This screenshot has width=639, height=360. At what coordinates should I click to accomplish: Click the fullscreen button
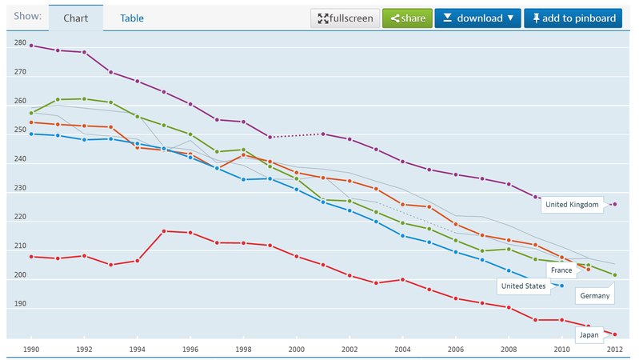click(345, 18)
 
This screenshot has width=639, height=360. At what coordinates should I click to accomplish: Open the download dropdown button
click(477, 18)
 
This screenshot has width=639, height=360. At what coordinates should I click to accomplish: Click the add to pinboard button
click(573, 18)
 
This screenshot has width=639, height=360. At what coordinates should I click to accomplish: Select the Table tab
click(132, 18)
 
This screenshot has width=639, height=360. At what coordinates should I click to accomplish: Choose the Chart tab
click(76, 18)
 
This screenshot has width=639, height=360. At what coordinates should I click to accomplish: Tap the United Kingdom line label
click(572, 205)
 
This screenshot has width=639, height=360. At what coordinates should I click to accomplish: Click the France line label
click(561, 270)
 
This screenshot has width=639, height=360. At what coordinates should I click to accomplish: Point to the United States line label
click(523, 286)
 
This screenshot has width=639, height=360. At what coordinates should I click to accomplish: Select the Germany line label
click(595, 296)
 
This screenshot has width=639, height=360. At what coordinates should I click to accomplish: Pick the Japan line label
click(589, 335)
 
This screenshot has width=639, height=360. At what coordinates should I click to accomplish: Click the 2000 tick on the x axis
click(296, 350)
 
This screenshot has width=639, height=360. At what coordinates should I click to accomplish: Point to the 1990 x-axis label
click(31, 350)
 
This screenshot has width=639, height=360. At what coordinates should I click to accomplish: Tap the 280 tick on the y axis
click(20, 43)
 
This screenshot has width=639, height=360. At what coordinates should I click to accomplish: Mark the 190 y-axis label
click(20, 304)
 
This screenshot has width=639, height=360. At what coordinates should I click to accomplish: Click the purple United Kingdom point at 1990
click(31, 46)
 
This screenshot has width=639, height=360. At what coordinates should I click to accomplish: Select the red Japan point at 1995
click(164, 231)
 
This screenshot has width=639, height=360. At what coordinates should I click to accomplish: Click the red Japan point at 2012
click(615, 334)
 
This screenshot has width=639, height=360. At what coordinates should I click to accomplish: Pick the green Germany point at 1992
click(84, 99)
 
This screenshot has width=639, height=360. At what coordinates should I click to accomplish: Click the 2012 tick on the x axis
click(614, 350)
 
